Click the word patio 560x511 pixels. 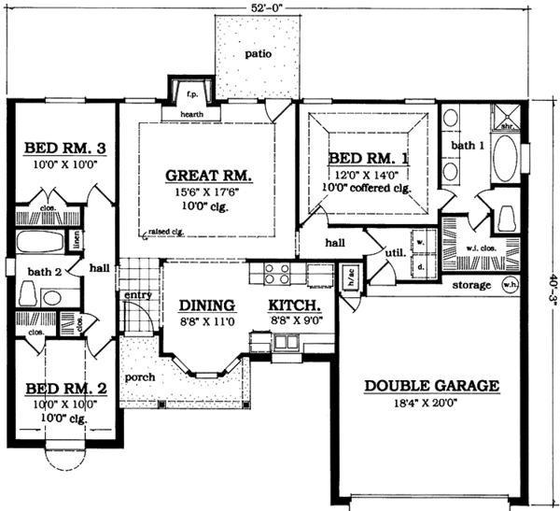(x=259, y=54)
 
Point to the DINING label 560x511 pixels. (x=206, y=305)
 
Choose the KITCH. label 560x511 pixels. (x=296, y=305)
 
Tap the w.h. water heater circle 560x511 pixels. (x=510, y=284)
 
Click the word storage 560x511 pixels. (x=471, y=285)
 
